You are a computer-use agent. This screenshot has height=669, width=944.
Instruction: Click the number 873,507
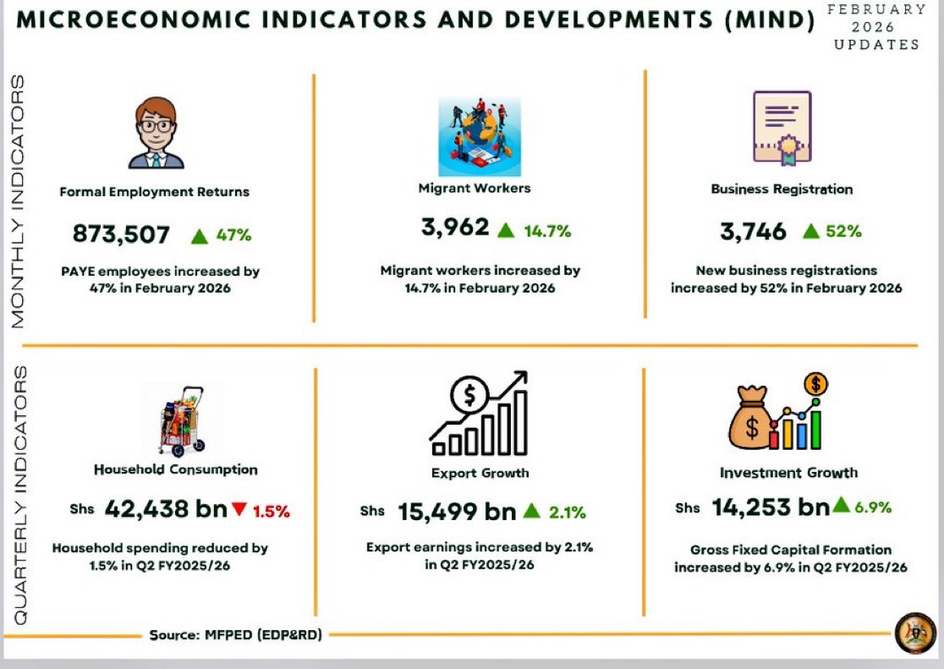point(121,234)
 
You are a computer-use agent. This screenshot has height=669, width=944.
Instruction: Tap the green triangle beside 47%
point(200,236)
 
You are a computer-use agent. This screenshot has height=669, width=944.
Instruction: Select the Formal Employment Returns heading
point(154,192)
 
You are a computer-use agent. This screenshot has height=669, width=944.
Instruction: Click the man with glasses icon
point(156,133)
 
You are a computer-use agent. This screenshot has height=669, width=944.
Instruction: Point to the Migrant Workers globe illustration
point(479,135)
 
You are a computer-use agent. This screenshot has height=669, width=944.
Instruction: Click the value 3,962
point(455,228)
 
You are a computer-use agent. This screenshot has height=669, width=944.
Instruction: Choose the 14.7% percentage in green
point(546,230)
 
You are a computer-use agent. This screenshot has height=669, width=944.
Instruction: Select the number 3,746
point(752,231)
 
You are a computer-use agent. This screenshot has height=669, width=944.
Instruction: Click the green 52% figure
point(842,231)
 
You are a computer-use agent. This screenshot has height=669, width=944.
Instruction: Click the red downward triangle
point(239,509)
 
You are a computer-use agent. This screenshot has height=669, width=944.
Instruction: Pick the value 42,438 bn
point(166,509)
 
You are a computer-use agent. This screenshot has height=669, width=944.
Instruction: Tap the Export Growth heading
point(480,473)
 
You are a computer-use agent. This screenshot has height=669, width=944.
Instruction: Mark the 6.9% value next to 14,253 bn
point(872,507)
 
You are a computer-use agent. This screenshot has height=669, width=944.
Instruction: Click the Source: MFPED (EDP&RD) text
point(235,634)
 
